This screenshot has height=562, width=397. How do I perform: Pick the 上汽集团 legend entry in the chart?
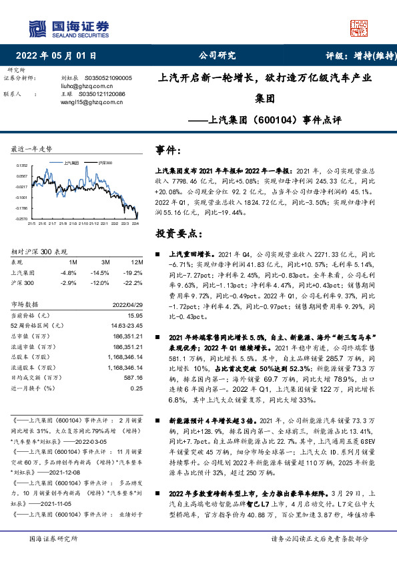pyautogui.click(x=71, y=162)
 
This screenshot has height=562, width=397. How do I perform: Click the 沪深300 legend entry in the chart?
pyautogui.click(x=104, y=162)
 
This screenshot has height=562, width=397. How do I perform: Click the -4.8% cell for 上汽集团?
pyautogui.click(x=69, y=272)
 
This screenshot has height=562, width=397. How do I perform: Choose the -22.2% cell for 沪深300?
pyautogui.click(x=135, y=282)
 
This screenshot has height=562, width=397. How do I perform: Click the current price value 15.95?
pyautogui.click(x=135, y=315)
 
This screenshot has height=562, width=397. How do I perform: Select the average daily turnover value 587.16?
pyautogui.click(x=133, y=377)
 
